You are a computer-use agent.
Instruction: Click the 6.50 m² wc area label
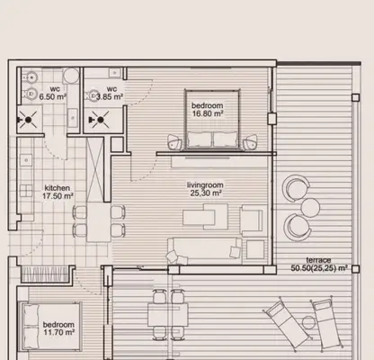(x=53, y=93)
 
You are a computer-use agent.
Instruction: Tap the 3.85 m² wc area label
(x=110, y=93)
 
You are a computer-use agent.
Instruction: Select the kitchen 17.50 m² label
(x=58, y=192)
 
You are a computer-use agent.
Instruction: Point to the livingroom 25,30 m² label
(x=205, y=189)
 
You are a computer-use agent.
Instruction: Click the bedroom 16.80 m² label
(x=208, y=110)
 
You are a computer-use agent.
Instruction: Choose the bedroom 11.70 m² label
(x=58, y=328)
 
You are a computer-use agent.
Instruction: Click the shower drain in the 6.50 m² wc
(x=28, y=120)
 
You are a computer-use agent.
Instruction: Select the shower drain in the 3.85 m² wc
(x=100, y=120)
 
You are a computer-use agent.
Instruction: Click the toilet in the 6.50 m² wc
(x=30, y=94)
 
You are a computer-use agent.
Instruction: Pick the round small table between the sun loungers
(x=308, y=323)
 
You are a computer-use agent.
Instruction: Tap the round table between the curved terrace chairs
(x=310, y=208)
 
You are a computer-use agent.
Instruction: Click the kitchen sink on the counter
(x=26, y=160)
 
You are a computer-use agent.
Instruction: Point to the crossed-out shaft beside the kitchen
(x=94, y=169)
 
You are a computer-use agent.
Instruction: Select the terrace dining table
(x=168, y=314)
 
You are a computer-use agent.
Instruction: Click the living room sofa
(x=205, y=251)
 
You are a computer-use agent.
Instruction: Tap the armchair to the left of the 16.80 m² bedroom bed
(x=175, y=142)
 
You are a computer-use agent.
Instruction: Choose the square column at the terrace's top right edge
(x=355, y=97)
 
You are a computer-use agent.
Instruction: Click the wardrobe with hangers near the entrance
(x=45, y=274)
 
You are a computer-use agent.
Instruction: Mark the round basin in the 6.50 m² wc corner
(x=71, y=76)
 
